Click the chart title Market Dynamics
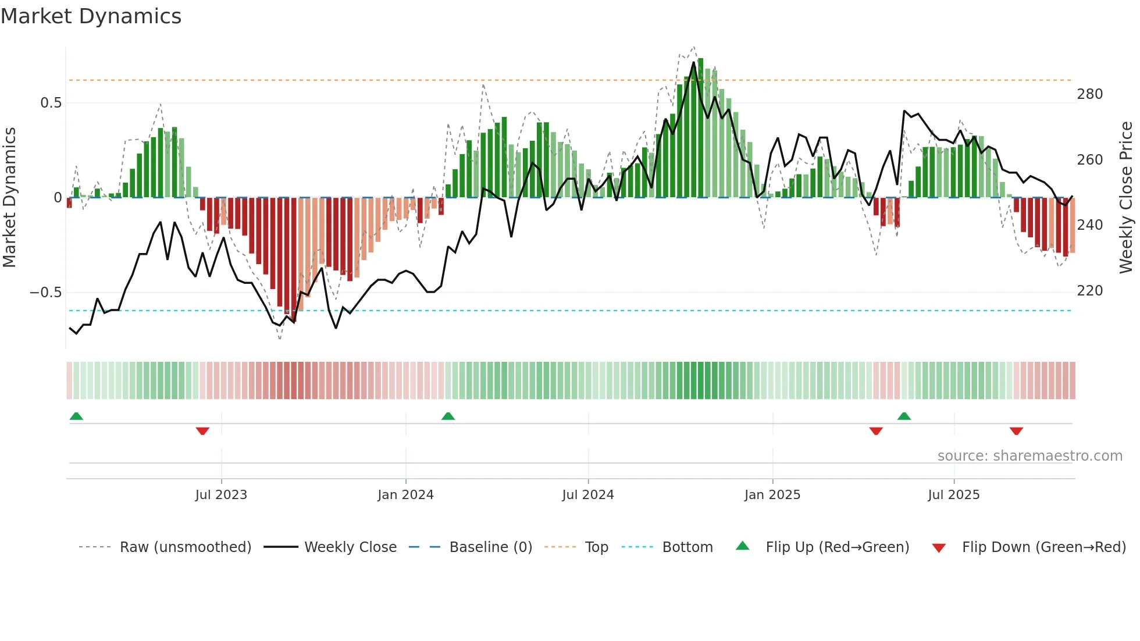91,16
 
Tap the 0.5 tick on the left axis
51,103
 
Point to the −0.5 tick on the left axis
46,292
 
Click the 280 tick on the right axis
1089,94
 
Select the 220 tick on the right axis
1089,290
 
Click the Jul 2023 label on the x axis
221,495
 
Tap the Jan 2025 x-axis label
772,495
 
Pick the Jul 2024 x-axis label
587,495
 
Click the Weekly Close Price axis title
1126,198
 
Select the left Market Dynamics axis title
9,198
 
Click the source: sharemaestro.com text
1029,456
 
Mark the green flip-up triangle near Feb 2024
448,416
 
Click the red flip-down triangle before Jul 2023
202,431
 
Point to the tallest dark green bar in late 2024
700,128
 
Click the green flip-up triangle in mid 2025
904,416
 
